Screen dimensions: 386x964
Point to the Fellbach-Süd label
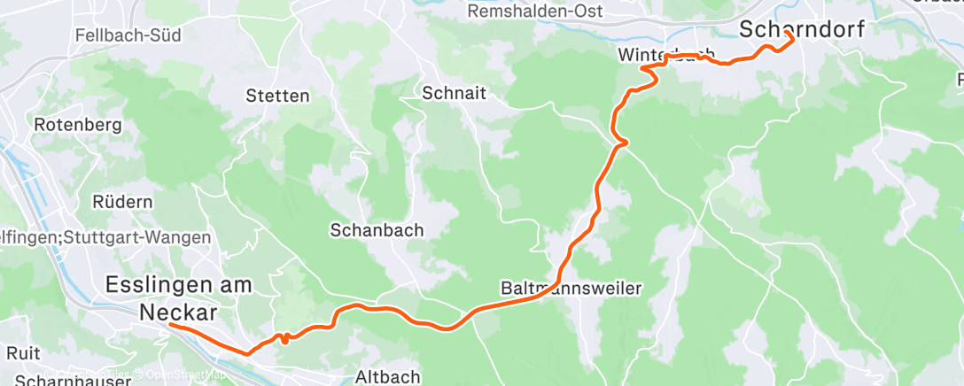pos(128,36)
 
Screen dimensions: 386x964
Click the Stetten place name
pos(277,96)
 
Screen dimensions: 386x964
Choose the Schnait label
pos(455,93)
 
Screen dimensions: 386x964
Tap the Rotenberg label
pos(77,125)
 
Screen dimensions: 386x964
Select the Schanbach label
pos(377,230)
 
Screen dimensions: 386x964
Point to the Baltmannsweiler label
pos(571,289)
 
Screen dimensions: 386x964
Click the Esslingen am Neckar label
pos(178,298)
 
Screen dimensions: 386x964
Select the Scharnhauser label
pos(66,379)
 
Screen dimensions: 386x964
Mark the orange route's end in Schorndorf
pos(787,33)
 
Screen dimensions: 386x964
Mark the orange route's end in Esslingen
pos(169,325)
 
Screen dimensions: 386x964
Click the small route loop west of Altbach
pos(284,337)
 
